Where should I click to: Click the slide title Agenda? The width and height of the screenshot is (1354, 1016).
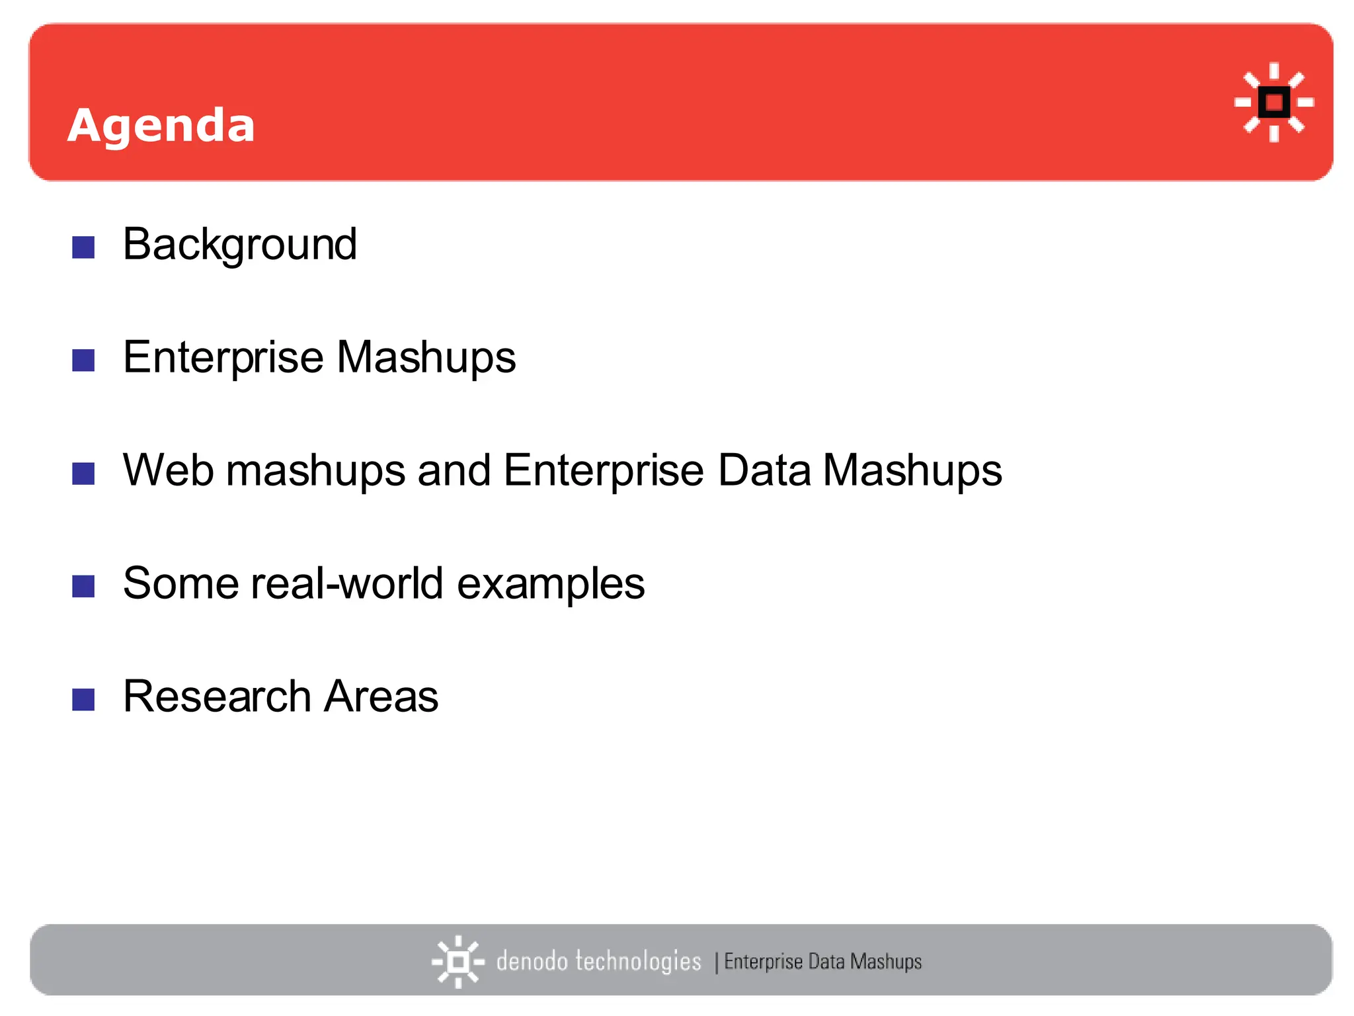[x=161, y=126]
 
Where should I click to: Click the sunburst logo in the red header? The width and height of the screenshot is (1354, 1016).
[x=1273, y=103]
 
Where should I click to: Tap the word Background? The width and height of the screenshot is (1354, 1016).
[x=240, y=245]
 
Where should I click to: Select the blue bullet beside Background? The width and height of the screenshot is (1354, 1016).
[x=83, y=247]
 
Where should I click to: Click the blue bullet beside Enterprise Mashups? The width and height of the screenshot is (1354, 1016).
[x=83, y=360]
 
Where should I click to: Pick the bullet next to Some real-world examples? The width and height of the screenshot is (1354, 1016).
[x=83, y=586]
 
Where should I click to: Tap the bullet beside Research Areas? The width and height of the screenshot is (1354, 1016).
[x=83, y=699]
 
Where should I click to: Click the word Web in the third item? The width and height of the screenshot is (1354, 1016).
[x=168, y=470]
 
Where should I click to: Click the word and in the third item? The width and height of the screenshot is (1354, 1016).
[x=454, y=470]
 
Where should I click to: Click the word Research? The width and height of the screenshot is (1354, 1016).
[x=217, y=697]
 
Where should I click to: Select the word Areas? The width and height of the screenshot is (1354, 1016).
[x=381, y=697]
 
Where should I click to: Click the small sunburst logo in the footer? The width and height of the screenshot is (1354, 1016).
[x=458, y=962]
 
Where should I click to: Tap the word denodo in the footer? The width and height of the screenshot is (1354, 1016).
[x=532, y=961]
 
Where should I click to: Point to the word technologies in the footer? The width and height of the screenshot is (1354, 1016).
[x=638, y=961]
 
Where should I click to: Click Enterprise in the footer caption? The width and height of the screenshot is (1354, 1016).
[x=763, y=961]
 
